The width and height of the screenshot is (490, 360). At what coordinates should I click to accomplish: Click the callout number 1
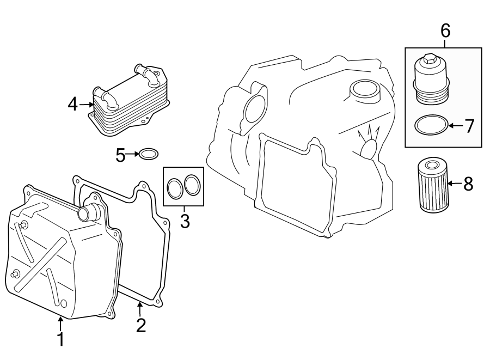(x=61, y=339)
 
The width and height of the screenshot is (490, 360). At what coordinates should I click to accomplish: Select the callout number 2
(x=141, y=325)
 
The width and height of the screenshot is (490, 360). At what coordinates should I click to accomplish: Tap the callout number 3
(x=185, y=221)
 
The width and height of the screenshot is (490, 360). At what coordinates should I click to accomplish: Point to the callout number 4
(x=73, y=103)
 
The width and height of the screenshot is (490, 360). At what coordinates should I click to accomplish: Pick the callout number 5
(x=120, y=155)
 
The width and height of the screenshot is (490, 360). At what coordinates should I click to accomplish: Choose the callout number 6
(x=445, y=31)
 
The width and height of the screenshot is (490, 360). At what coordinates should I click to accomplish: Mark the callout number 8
(x=468, y=184)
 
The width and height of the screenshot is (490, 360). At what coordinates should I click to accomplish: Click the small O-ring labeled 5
(x=148, y=155)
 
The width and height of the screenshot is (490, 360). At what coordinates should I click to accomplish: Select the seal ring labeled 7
(x=431, y=126)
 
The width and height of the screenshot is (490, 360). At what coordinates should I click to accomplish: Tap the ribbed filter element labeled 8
(x=433, y=185)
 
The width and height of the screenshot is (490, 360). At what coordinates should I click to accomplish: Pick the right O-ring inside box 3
(x=192, y=185)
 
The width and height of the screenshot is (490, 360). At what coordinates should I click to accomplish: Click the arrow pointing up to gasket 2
(x=140, y=309)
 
